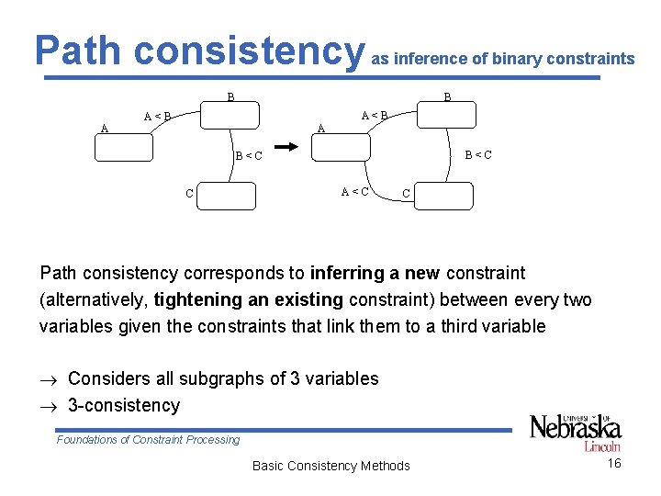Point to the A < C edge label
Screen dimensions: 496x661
(x=355, y=192)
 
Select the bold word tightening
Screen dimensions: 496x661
(x=196, y=299)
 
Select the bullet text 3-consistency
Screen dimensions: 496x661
(x=124, y=405)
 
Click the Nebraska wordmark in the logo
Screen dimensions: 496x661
(x=575, y=427)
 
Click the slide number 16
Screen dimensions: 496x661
(x=614, y=463)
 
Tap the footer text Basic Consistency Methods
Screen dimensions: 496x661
(x=330, y=466)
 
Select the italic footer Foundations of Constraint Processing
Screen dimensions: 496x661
(x=148, y=439)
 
